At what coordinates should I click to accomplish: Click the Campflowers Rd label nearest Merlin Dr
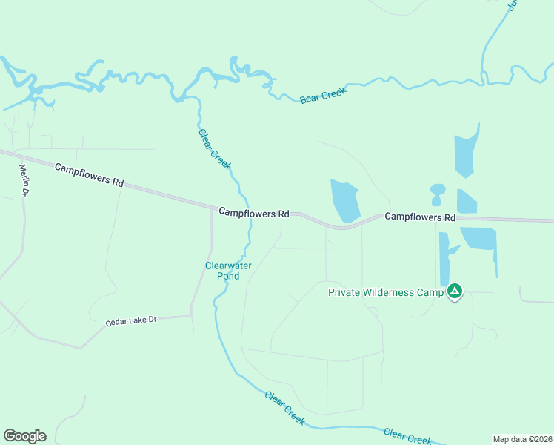[x=89, y=175]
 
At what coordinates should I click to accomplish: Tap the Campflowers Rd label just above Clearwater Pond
[x=254, y=213]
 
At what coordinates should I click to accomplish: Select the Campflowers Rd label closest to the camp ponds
[x=419, y=217]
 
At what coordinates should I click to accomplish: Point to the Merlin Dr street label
[x=24, y=180]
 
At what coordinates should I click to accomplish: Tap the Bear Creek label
[x=323, y=97]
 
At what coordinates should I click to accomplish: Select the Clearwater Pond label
[x=223, y=271]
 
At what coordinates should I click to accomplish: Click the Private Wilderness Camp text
[x=385, y=292]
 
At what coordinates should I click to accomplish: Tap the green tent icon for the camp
[x=455, y=291]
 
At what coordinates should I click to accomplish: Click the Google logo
[x=24, y=435]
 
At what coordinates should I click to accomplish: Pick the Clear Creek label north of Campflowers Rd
[x=215, y=148]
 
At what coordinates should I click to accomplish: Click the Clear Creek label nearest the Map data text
[x=407, y=435]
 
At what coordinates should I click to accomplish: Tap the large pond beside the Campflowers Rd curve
[x=345, y=200]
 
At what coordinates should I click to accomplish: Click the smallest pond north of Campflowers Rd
[x=437, y=194]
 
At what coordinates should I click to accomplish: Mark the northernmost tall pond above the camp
[x=464, y=154]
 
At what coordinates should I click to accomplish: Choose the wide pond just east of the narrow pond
[x=479, y=238]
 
